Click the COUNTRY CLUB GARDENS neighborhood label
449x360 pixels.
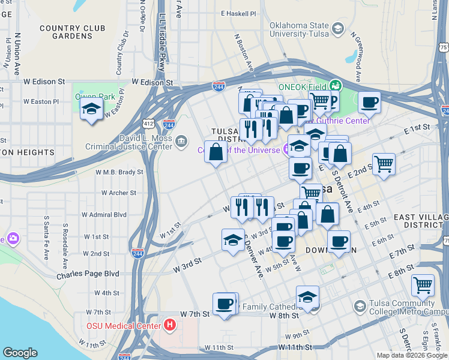(x=72, y=32)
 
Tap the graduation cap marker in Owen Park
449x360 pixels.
(x=91, y=109)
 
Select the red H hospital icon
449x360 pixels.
(x=170, y=325)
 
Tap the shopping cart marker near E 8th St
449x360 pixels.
(x=423, y=285)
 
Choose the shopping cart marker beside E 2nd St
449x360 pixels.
(x=384, y=163)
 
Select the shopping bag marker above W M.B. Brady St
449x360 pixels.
(x=215, y=152)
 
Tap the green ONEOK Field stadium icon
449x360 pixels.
(x=335, y=86)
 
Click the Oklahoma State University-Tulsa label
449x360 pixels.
(x=292, y=30)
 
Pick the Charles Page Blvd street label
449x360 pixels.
(x=88, y=274)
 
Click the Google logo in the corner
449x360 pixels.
(x=20, y=353)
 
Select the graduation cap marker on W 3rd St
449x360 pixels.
(x=233, y=240)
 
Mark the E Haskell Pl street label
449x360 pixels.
(x=238, y=13)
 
